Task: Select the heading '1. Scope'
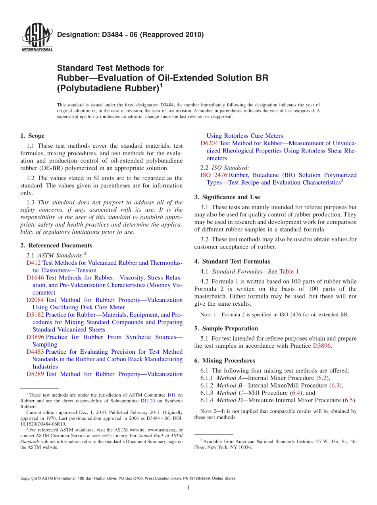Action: [32, 136]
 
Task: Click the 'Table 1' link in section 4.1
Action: [289, 272]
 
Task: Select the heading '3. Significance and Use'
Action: [227, 197]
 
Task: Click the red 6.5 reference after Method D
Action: [348, 400]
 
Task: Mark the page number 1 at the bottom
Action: [188, 488]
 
